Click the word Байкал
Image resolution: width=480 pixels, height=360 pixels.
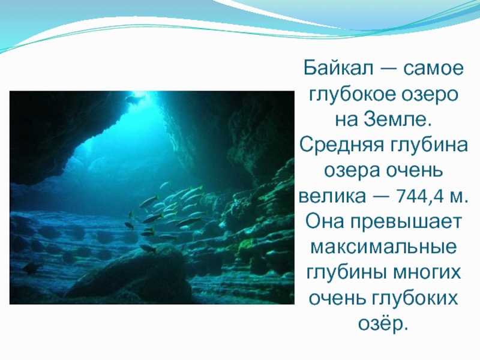(339, 68)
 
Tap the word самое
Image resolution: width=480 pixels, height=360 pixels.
(433, 68)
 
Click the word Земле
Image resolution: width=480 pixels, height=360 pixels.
(397, 119)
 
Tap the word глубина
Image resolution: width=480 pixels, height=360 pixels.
(430, 145)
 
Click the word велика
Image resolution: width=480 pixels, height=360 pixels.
(332, 196)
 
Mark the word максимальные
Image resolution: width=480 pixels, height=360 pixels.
(383, 247)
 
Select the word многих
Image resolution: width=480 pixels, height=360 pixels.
(427, 272)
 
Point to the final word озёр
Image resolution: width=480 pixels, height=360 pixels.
(383, 323)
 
